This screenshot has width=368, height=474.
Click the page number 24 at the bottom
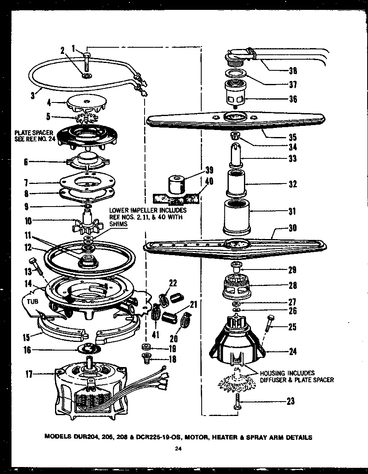click(177, 449)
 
